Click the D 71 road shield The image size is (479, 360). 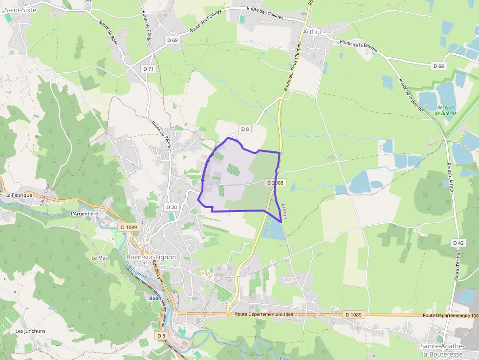pyautogui.click(x=149, y=69)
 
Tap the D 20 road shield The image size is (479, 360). pyautogui.click(x=172, y=207)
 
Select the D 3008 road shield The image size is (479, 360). pyautogui.click(x=275, y=183)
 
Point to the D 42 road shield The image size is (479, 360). pyautogui.click(x=458, y=243)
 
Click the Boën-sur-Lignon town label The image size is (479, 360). pyautogui.click(x=151, y=257)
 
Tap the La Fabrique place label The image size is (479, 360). pyautogui.click(x=19, y=195)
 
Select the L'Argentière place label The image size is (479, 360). pyautogui.click(x=85, y=213)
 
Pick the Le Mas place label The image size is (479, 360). pyautogui.click(x=99, y=257)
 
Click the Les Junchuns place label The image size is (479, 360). pyautogui.click(x=30, y=331)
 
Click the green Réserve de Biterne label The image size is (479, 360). pyautogui.click(x=447, y=110)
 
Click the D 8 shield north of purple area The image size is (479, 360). pyautogui.click(x=245, y=129)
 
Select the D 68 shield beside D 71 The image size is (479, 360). pyautogui.click(x=172, y=40)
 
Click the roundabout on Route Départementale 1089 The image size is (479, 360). pyautogui.click(x=228, y=314)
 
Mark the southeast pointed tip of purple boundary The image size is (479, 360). pyautogui.click(x=282, y=222)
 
